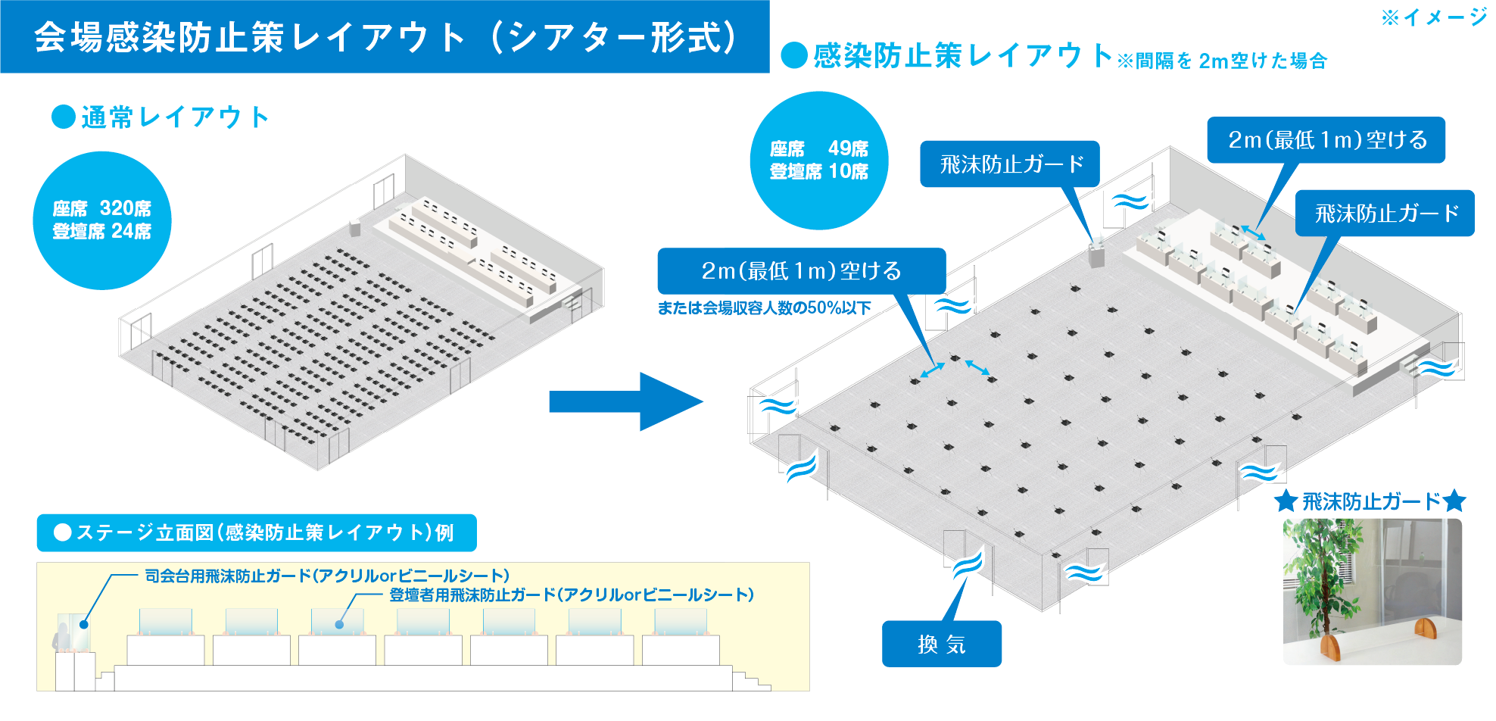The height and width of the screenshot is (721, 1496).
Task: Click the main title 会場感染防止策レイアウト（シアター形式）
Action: tap(385, 37)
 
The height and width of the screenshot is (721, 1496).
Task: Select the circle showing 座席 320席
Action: tap(102, 220)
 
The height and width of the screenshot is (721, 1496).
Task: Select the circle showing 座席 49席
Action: tap(818, 160)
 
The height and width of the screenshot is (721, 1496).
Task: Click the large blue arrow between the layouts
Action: tap(625, 401)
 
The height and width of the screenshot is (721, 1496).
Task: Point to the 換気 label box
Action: tap(941, 644)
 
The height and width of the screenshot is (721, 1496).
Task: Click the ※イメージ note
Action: tap(1434, 17)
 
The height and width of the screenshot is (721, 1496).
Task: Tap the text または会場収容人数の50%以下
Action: tap(764, 308)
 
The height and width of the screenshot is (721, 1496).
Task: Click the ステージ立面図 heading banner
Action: tap(257, 532)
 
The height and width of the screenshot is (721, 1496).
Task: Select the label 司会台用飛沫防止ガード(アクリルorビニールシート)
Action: tap(327, 576)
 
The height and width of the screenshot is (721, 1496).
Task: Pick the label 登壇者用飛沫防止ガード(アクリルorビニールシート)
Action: tap(572, 595)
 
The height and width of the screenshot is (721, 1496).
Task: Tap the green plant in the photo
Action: tap(1321, 576)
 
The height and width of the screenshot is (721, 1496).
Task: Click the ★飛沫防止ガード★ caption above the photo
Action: tap(1370, 501)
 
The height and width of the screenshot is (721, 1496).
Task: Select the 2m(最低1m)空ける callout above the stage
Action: tap(1326, 140)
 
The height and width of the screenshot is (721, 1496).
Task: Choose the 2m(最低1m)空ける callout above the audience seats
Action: tap(801, 271)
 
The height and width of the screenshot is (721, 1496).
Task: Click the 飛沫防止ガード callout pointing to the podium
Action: tap(1009, 164)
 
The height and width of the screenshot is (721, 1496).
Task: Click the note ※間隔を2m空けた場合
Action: tap(1222, 61)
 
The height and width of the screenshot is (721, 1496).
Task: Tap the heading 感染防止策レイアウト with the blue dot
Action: tap(946, 55)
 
